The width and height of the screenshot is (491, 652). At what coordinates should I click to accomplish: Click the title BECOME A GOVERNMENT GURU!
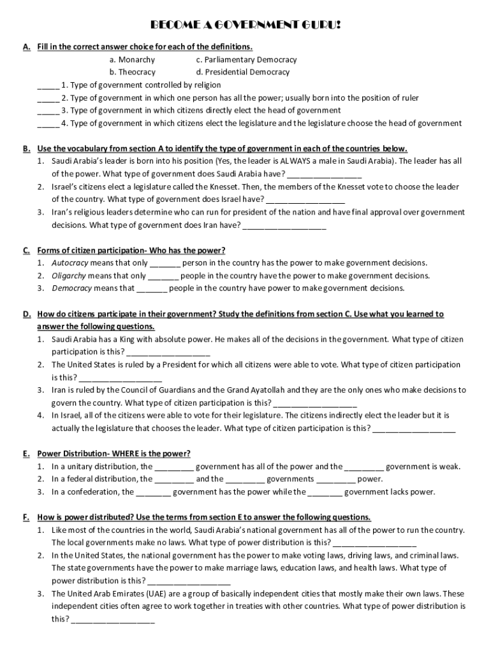pyautogui.click(x=245, y=25)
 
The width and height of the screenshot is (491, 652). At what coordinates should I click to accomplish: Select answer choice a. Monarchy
pyautogui.click(x=132, y=59)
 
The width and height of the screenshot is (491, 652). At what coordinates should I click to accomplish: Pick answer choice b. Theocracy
pyautogui.click(x=132, y=72)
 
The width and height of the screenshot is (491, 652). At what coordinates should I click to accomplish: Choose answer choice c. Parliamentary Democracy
pyautogui.click(x=246, y=59)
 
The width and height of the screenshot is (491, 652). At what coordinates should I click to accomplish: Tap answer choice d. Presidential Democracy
pyautogui.click(x=243, y=72)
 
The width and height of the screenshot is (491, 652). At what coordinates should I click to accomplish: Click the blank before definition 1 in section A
pyautogui.click(x=48, y=85)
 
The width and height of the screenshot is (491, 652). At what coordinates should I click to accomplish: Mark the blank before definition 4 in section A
pyautogui.click(x=48, y=124)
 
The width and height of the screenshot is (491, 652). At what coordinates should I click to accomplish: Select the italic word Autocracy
pyautogui.click(x=70, y=263)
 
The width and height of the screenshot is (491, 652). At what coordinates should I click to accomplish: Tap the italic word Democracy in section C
pyautogui.click(x=71, y=288)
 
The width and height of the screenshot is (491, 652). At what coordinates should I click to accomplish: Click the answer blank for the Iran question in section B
pyautogui.click(x=284, y=225)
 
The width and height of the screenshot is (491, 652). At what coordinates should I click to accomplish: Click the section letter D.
pyautogui.click(x=27, y=314)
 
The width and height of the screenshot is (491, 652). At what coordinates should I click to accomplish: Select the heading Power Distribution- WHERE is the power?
pyautogui.click(x=114, y=453)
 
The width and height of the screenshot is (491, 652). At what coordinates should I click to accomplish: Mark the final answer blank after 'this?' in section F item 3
pyautogui.click(x=113, y=619)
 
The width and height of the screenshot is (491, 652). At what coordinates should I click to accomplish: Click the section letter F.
pyautogui.click(x=26, y=517)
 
